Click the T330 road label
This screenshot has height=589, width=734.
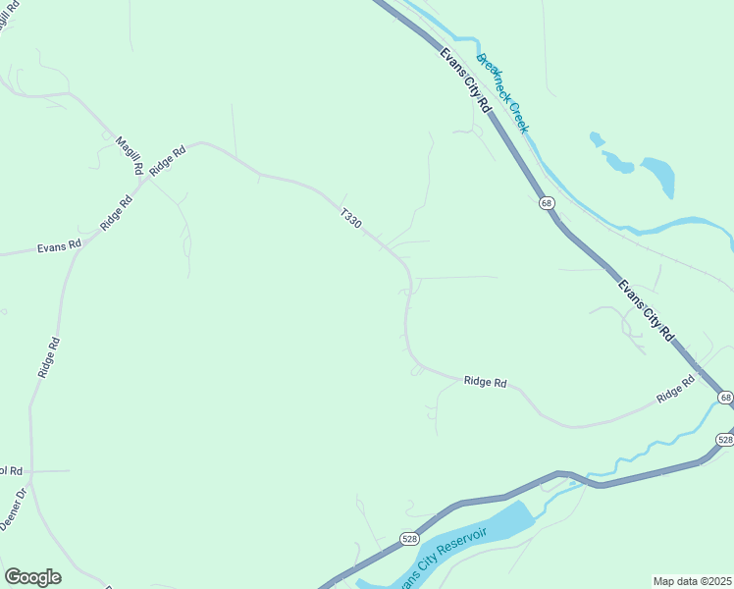[x=351, y=218]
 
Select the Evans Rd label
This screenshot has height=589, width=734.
[x=59, y=247]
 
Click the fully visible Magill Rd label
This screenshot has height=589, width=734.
[x=129, y=155]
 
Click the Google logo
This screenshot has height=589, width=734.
[x=32, y=577]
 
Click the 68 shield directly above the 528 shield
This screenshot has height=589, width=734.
[x=724, y=397]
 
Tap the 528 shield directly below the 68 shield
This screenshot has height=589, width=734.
[x=724, y=439]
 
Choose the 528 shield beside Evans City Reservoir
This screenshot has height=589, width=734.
[x=409, y=538]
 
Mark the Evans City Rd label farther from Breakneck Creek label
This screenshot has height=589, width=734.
[x=646, y=310]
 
